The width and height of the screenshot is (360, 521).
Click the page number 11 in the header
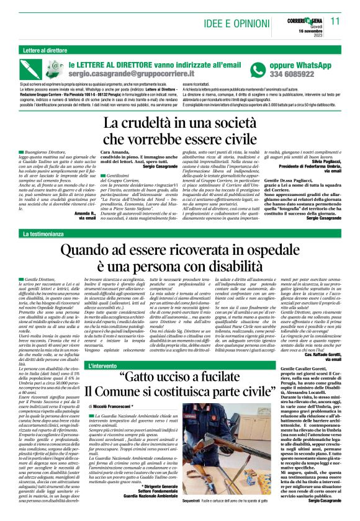tap(335, 20)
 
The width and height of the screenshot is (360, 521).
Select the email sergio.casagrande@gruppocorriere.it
tap(135, 74)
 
